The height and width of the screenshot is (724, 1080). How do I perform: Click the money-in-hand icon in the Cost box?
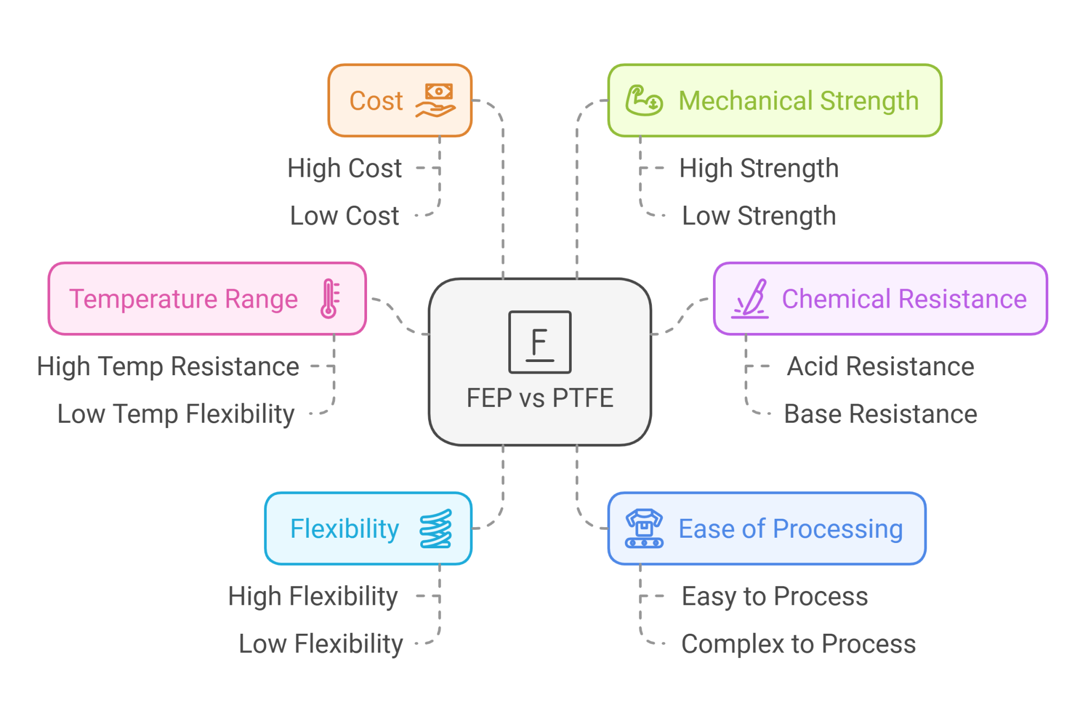pos(436,100)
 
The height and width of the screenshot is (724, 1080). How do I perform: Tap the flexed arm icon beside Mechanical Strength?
pos(644,100)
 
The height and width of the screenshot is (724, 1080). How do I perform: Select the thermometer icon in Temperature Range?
pos(330,298)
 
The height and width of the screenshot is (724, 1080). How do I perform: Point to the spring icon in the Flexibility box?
pos(436,528)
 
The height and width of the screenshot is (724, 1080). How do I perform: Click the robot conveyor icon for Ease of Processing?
pos(644,528)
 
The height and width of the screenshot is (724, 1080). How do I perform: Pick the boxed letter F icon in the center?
pos(539,342)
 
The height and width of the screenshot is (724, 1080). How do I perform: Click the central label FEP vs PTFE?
pos(540,398)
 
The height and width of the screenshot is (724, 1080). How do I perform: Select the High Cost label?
pos(344,168)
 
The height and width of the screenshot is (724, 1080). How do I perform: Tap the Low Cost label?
pos(344,216)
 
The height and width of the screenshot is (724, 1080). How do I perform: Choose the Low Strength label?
pos(759,216)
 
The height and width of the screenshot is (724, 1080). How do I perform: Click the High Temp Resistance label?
pos(168,366)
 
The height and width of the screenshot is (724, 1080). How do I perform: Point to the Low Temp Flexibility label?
pos(176,414)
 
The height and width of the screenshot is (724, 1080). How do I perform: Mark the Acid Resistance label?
pos(880,366)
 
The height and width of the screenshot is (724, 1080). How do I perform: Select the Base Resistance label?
pos(880,414)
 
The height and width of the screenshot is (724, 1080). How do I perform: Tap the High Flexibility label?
pos(313,596)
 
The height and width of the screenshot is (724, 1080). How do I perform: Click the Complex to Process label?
pos(798,644)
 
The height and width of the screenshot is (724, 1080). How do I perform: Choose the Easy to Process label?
pos(775,596)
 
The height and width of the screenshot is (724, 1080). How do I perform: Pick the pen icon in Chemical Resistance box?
pos(750,299)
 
